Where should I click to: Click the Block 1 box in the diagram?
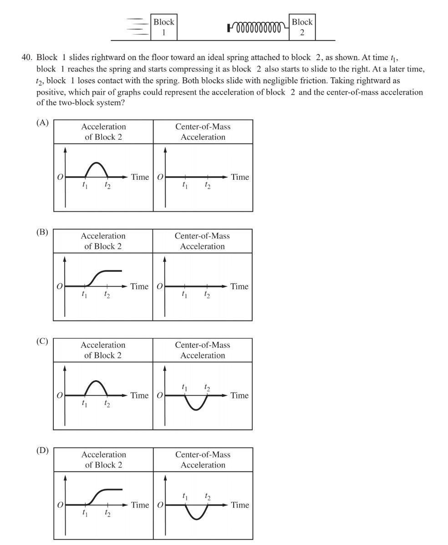163,27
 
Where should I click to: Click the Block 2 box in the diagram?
302,27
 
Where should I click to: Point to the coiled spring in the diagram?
258,28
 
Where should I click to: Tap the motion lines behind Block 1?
137,27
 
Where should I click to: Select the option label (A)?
42,122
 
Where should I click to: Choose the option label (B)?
42,232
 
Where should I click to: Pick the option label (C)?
42,341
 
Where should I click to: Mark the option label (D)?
42,450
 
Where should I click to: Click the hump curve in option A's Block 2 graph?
96,163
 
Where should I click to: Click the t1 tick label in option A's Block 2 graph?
85,185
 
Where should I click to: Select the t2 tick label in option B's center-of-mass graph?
207,295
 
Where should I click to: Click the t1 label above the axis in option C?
184,387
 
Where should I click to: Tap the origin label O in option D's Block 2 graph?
60,504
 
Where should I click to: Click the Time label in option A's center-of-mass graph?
239,177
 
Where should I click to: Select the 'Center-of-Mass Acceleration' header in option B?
202,241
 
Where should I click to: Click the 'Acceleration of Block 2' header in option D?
103,459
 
